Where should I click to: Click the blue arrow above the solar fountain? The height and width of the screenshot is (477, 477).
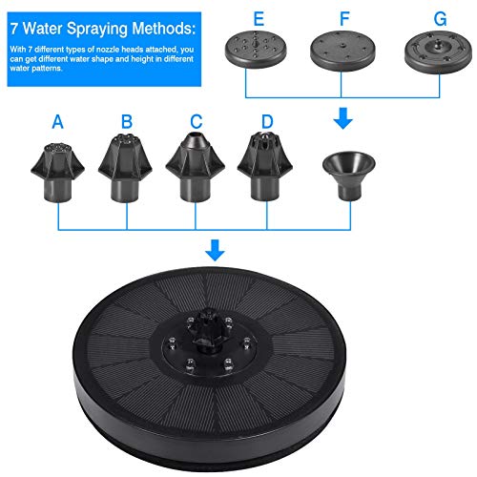click(x=217, y=251)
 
